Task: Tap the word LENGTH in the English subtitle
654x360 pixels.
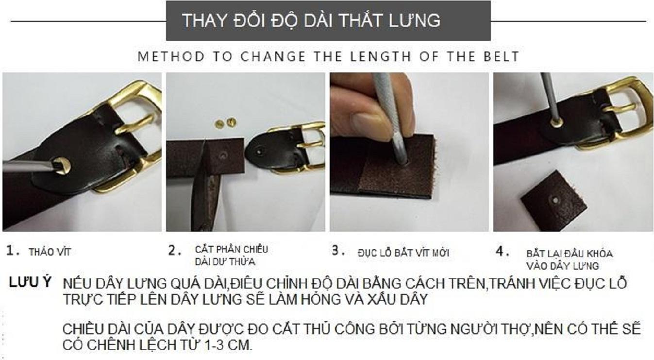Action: coord(381,56)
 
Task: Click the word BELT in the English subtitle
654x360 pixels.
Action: coord(501,56)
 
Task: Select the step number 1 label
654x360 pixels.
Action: coord(13,251)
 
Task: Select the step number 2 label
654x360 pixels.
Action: coord(175,251)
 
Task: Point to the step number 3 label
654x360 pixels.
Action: coord(339,250)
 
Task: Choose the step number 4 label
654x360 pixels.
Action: coord(503,251)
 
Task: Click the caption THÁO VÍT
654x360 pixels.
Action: coord(50,252)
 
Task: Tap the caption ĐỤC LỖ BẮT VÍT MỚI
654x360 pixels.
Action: coord(403,253)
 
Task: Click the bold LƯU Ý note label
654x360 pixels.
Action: coord(30,282)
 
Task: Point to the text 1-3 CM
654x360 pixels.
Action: coord(228,345)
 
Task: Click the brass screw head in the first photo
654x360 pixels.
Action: coord(62,166)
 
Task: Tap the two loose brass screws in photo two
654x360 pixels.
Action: coord(225,123)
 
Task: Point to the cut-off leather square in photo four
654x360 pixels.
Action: coord(553,201)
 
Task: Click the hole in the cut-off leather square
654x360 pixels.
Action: coord(555,201)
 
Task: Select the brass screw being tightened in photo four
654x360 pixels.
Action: coord(557,122)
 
